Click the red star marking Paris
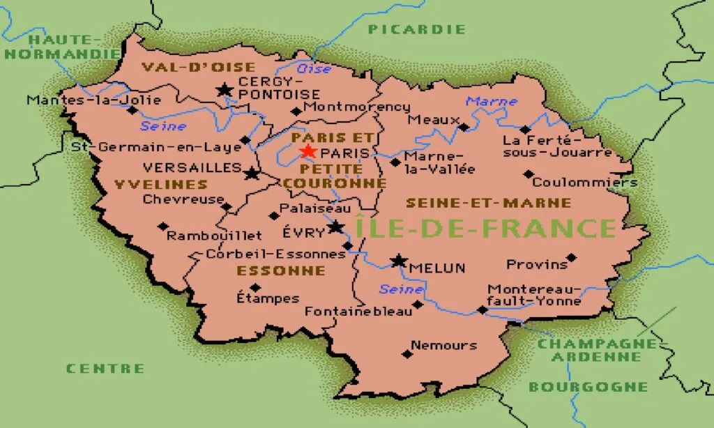click(x=307, y=151)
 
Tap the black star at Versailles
click(x=252, y=172)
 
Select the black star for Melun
click(x=399, y=261)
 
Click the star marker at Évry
click(x=336, y=227)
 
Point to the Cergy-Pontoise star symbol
click(x=225, y=90)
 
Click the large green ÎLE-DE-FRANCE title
click(x=485, y=228)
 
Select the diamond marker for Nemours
click(x=408, y=353)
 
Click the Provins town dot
click(x=571, y=257)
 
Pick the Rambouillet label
click(x=214, y=236)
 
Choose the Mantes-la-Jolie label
click(x=84, y=100)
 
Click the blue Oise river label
click(x=314, y=69)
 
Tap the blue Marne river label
click(x=492, y=102)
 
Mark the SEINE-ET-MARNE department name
click(x=489, y=203)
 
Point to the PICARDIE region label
click(x=416, y=29)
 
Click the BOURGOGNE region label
click(x=588, y=387)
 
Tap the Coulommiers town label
click(x=584, y=183)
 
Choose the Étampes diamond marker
click(x=255, y=287)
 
